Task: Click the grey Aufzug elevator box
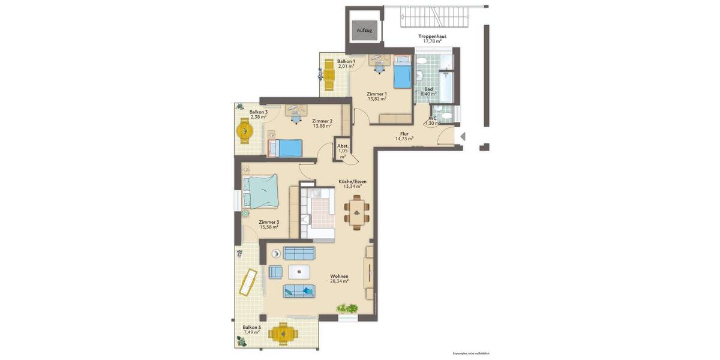pyautogui.click(x=364, y=29)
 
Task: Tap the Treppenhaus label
pyautogui.click(x=432, y=36)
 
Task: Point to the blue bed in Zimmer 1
pyautogui.click(x=403, y=73)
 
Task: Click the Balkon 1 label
pyautogui.click(x=346, y=61)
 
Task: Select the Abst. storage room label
pyautogui.click(x=343, y=146)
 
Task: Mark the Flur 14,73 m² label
pyautogui.click(x=404, y=136)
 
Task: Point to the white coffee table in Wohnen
pyautogui.click(x=299, y=272)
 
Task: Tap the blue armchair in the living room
pyautogui.click(x=275, y=272)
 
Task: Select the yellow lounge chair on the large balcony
pyautogui.click(x=248, y=282)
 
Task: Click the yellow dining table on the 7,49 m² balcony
pyautogui.click(x=282, y=332)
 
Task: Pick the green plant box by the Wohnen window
pyautogui.click(x=347, y=308)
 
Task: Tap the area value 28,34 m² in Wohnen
pyautogui.click(x=339, y=281)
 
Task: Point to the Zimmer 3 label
pyautogui.click(x=269, y=222)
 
